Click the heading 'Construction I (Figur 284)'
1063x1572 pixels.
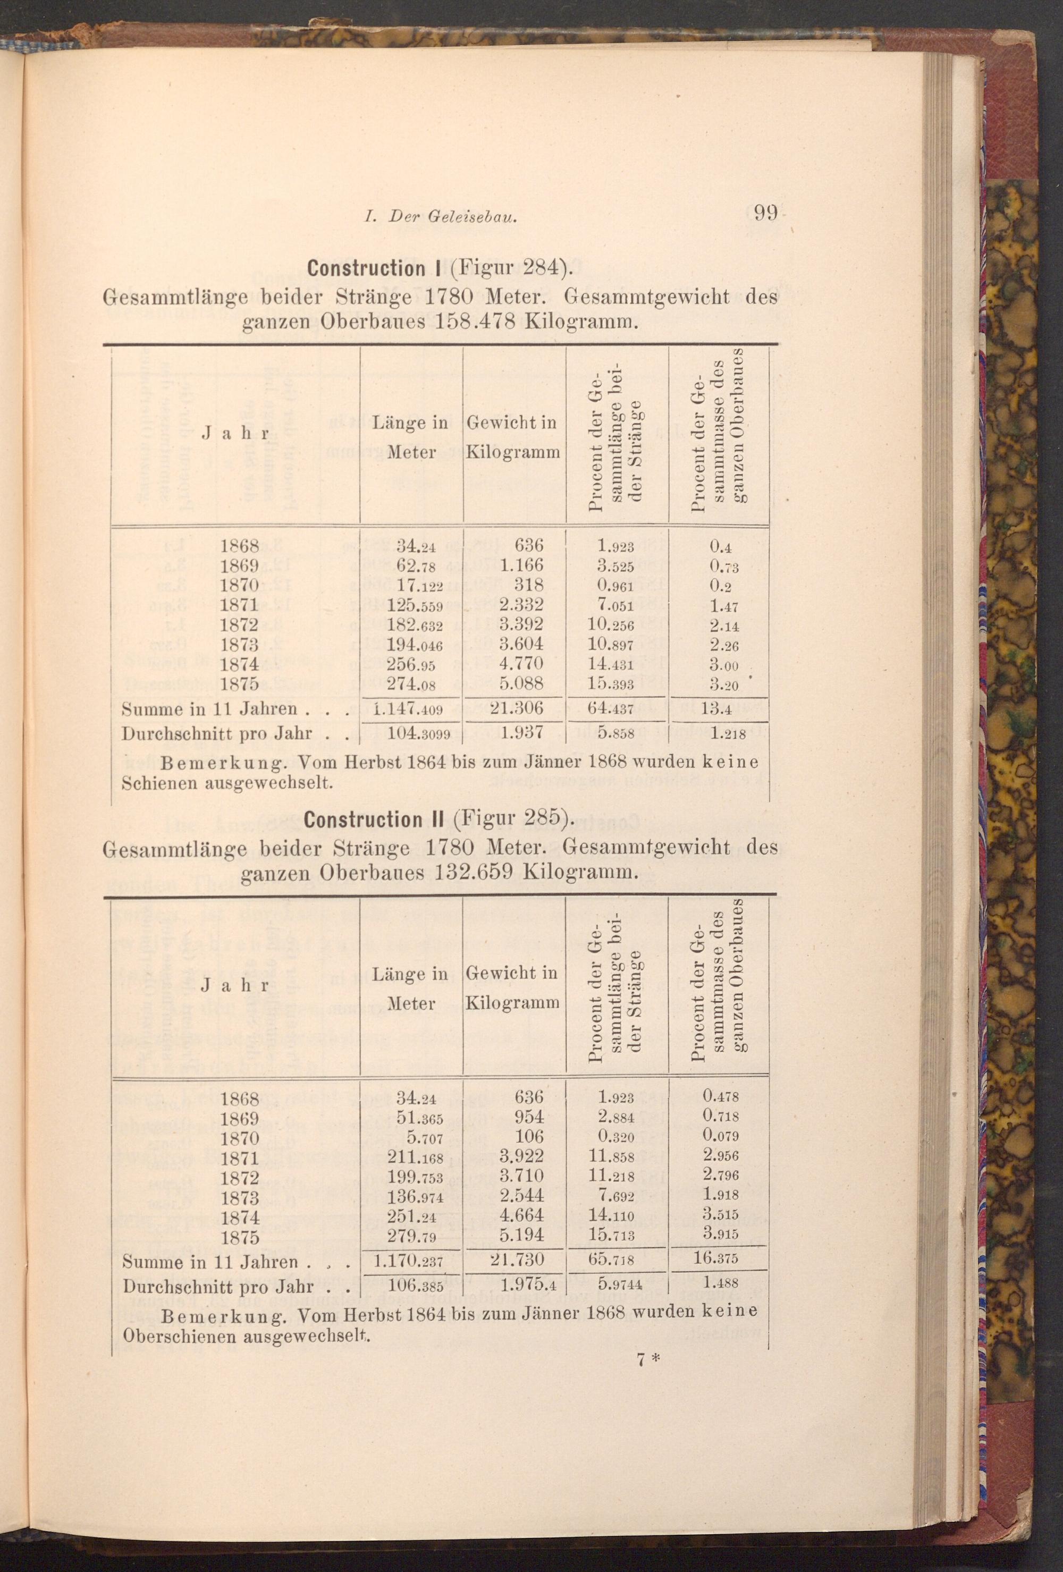[x=436, y=268]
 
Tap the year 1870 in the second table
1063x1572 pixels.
[x=240, y=1138]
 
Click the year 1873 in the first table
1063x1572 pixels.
[x=240, y=645]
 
